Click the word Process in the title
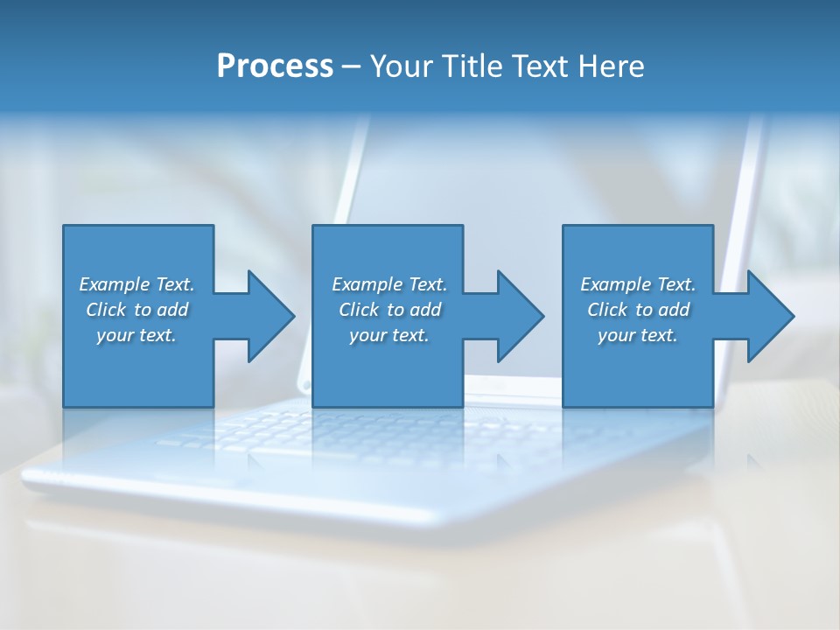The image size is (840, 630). pos(275,66)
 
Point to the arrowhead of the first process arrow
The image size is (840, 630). pos(271,316)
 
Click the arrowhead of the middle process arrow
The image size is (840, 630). pos(521,316)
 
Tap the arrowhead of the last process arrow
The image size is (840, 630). pos(771,316)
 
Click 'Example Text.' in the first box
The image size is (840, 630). pos(136,284)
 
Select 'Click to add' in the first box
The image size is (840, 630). pos(136,310)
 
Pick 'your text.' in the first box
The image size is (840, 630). pos(136,335)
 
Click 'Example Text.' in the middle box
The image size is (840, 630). pos(389,284)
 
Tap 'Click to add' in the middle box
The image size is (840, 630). pos(389,310)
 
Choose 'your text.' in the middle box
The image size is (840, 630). pos(389,335)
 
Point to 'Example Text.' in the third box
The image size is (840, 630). pos(638,284)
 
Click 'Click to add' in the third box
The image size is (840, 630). pos(638,310)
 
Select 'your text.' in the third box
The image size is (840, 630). pos(638,335)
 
